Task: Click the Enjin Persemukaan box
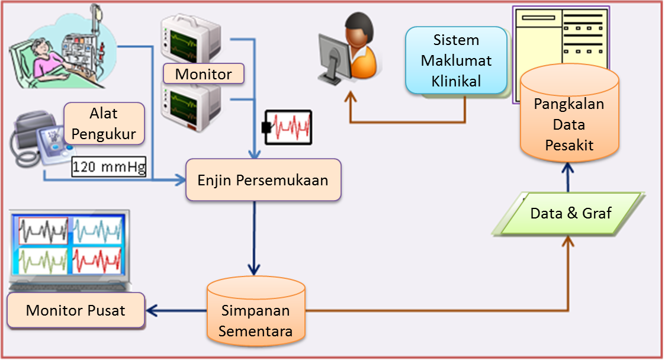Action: tap(264, 180)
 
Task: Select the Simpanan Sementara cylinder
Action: tap(256, 314)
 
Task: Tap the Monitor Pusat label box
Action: tap(76, 310)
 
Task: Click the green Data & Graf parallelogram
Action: tap(570, 213)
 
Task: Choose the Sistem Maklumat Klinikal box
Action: tap(456, 60)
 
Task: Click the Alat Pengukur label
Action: tap(104, 124)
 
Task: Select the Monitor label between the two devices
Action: tap(203, 74)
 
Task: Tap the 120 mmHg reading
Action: tap(109, 167)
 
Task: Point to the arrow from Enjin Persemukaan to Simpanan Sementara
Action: tap(255, 237)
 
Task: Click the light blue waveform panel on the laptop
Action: tap(96, 230)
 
